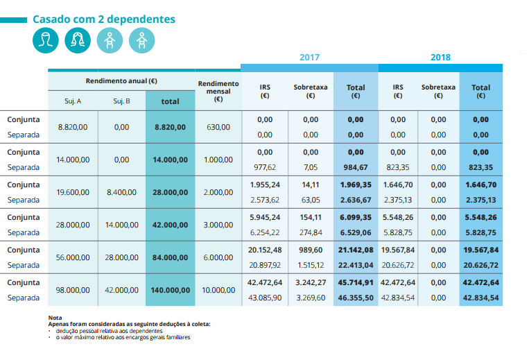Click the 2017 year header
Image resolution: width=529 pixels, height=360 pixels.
tap(309, 58)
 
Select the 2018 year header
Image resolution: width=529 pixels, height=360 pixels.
tap(440, 58)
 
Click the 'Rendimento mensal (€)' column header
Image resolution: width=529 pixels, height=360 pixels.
tap(218, 91)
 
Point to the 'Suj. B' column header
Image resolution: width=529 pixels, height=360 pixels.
tap(121, 101)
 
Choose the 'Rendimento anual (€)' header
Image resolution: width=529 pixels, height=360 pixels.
tap(121, 81)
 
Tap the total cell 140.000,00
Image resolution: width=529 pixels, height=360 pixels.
tap(170, 290)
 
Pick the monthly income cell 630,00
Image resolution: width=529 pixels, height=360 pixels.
tap(218, 127)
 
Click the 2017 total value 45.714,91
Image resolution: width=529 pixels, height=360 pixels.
tap(356, 282)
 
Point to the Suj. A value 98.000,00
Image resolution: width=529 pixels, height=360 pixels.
tap(73, 290)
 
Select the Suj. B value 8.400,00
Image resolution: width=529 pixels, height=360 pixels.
tap(121, 192)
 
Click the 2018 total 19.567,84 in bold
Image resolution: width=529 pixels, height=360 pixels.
tap(480, 250)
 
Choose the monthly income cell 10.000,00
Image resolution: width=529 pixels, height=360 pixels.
tap(218, 290)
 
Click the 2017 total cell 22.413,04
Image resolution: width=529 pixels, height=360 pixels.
tap(356, 265)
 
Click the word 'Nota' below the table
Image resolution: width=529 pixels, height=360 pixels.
tap(55, 318)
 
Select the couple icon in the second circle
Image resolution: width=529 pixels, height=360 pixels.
tap(78, 42)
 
